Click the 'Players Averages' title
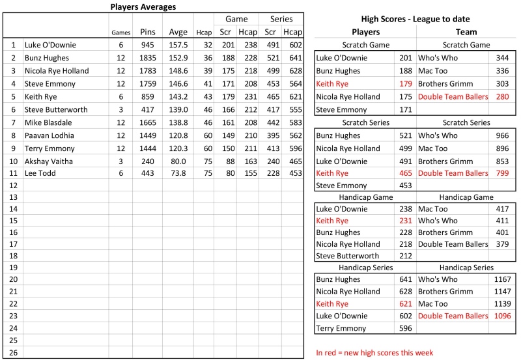(x=143, y=7)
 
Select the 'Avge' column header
(x=178, y=32)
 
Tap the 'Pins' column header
(x=148, y=32)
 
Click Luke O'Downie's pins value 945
(x=148, y=46)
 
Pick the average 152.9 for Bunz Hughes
(x=178, y=58)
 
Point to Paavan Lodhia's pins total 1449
(x=148, y=135)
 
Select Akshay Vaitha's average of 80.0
(x=178, y=161)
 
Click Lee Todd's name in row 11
(x=41, y=173)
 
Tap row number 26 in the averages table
(x=13, y=352)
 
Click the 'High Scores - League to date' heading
(x=415, y=19)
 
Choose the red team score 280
(x=503, y=96)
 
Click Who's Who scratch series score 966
(x=503, y=135)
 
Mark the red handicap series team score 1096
(x=501, y=316)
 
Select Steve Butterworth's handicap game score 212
(x=405, y=256)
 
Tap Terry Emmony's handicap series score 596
(x=405, y=329)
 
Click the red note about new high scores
(x=374, y=353)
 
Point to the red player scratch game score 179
(x=405, y=84)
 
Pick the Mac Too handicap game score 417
(x=503, y=209)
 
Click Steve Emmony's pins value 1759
(x=148, y=84)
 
